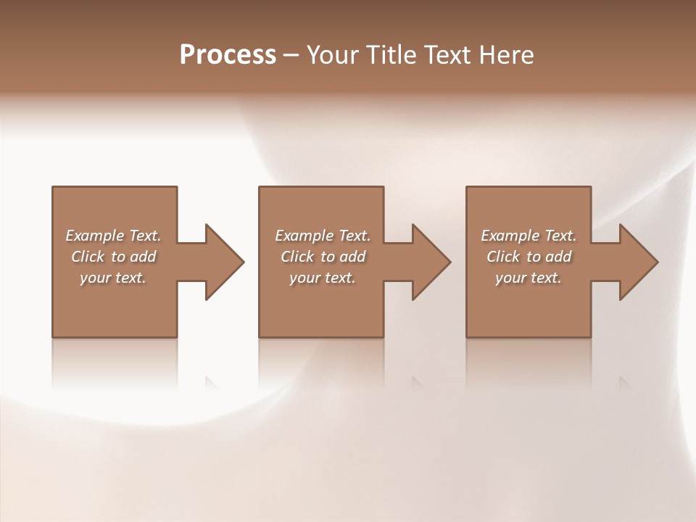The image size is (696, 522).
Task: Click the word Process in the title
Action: point(228,55)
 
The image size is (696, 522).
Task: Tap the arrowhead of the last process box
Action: point(637,262)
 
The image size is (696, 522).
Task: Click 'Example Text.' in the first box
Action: point(114,236)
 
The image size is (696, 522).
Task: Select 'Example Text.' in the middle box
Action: point(323,236)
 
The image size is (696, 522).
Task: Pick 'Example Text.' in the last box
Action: point(529,236)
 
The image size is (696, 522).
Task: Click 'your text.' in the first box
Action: point(114,278)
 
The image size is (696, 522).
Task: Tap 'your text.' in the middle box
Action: point(323,278)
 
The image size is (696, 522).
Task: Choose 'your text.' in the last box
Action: point(529,278)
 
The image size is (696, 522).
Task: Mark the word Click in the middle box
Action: point(297,257)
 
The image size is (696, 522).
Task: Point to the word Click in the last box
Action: point(503,257)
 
